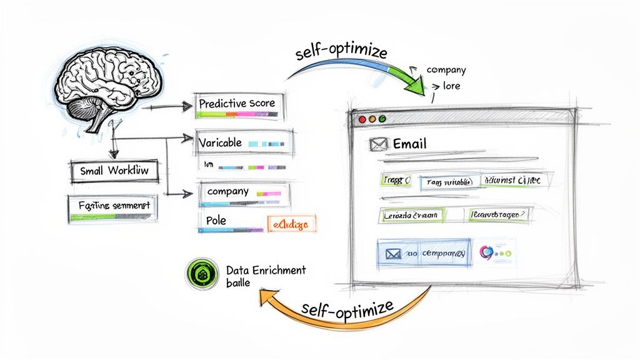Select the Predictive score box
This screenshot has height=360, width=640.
click(x=240, y=106)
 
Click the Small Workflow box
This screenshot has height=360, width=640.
click(x=114, y=170)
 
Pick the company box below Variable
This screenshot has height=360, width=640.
click(x=244, y=194)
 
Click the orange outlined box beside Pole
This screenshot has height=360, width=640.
click(x=291, y=223)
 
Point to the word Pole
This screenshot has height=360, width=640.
click(x=214, y=221)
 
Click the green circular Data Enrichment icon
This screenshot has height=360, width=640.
click(x=201, y=275)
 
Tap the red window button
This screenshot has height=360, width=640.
click(x=361, y=118)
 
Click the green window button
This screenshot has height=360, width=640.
click(x=382, y=118)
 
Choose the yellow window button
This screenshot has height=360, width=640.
click(x=371, y=118)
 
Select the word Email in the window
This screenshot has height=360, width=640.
click(x=410, y=144)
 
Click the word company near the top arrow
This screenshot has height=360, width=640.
click(x=446, y=71)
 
